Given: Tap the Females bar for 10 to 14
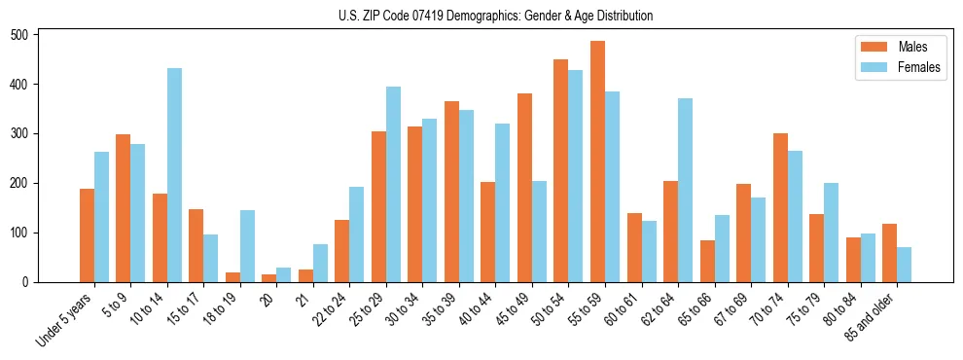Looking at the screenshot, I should (174, 175).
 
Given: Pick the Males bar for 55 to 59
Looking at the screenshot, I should (597, 162).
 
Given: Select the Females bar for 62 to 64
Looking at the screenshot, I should (685, 190).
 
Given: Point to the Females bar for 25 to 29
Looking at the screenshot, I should (393, 184).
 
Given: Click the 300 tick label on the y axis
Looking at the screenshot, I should (28, 133).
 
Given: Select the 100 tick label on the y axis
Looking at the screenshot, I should (28, 233).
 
